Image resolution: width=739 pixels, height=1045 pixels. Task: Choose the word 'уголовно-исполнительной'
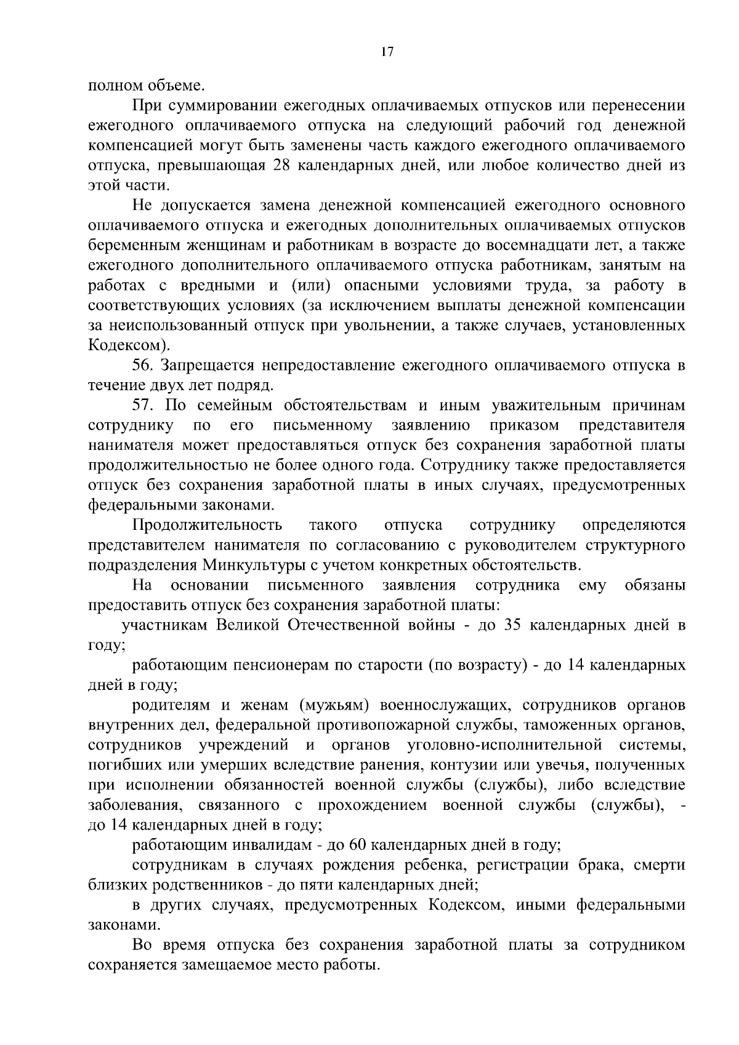504,745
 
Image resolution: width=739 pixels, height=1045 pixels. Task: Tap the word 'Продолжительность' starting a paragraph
207,526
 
